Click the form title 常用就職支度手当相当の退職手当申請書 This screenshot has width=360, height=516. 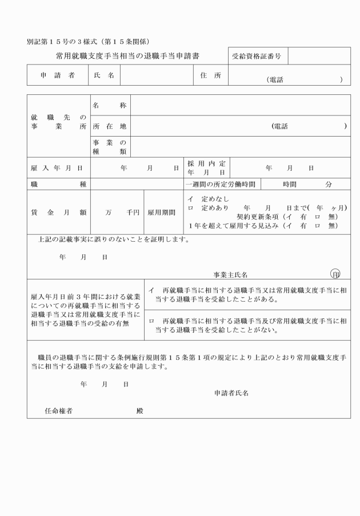click(127, 56)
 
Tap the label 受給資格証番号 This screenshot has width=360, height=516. click(258, 56)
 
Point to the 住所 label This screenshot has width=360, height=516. click(210, 76)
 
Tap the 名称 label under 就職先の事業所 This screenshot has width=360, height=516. click(109, 105)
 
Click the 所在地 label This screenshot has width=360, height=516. click(109, 126)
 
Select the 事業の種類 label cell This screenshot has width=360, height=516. click(109, 147)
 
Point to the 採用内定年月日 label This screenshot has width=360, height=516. click(206, 167)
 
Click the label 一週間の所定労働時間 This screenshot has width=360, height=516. click(222, 185)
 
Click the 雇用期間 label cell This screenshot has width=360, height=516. click(162, 212)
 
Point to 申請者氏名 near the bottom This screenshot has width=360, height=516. click(231, 393)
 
